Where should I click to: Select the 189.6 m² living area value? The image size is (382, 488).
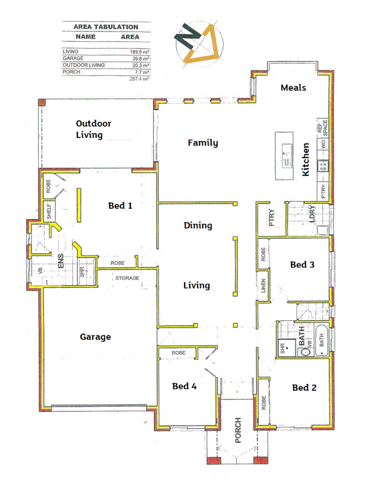pos(139,52)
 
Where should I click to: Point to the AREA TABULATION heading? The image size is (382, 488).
pos(106,27)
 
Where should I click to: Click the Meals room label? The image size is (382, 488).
pos(293,87)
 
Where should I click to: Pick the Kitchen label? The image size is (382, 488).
pos(306,160)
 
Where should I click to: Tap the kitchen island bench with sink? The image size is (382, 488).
pos(284,155)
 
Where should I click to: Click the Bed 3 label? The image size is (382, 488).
pos(302,265)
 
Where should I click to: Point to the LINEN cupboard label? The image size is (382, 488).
pos(264,287)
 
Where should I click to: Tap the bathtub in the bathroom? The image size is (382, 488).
pos(322,340)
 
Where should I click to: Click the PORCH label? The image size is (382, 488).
pos(238,430)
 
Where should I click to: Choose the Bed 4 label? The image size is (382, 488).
pos(185,386)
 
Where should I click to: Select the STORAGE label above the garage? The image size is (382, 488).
pos(127,278)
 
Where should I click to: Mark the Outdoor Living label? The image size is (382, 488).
pos(94,129)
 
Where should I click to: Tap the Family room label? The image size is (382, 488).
pos(203,142)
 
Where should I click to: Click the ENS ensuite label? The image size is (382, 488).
pos(61,260)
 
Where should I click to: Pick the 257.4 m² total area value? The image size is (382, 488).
pos(139,78)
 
